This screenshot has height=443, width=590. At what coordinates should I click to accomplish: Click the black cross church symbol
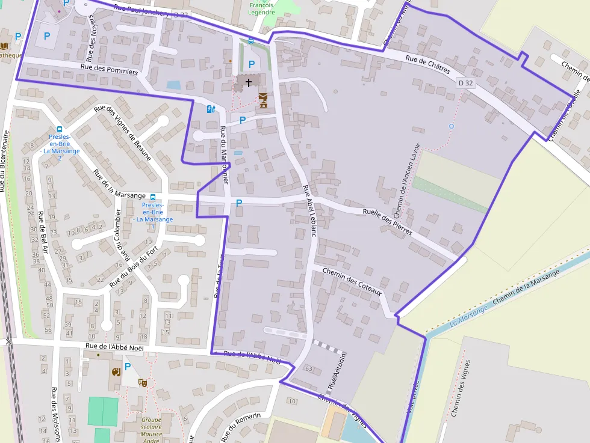[249, 82]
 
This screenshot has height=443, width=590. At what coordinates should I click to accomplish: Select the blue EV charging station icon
[210, 109]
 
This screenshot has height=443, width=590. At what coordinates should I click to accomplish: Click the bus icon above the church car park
[250, 41]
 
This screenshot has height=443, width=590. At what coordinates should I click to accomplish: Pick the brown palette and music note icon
[116, 371]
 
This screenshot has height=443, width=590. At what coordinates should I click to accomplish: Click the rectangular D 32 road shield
[465, 83]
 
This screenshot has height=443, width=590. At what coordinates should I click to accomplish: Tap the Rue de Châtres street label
[427, 64]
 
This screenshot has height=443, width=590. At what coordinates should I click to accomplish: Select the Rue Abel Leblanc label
[309, 210]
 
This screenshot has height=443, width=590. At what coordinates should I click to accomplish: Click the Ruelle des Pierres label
[387, 221]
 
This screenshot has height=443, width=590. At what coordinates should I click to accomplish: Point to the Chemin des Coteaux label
[353, 281]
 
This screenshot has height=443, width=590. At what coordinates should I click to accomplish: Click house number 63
[309, 368]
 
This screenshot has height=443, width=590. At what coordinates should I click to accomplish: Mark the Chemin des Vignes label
[459, 388]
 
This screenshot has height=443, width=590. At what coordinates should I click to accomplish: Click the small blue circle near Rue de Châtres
[452, 126]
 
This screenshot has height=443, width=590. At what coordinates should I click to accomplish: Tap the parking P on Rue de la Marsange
[239, 203]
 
